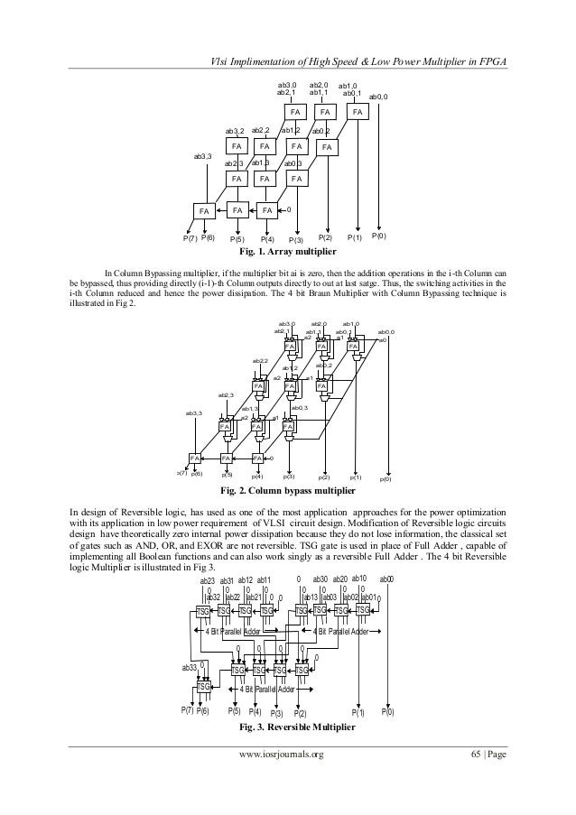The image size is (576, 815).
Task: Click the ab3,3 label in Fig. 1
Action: click(202, 156)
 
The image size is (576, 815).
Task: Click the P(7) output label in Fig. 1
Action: click(190, 238)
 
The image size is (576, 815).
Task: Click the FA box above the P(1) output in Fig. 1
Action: click(358, 112)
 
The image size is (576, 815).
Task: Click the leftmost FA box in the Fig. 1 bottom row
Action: click(204, 210)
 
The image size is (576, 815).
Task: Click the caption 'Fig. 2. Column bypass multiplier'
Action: click(290, 492)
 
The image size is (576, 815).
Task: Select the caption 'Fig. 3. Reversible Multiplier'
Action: click(290, 726)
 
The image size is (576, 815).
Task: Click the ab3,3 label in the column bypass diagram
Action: click(194, 412)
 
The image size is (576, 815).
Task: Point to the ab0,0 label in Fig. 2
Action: click(386, 332)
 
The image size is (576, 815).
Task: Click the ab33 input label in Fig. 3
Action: click(189, 668)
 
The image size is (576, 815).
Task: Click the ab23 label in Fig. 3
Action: click(207, 580)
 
